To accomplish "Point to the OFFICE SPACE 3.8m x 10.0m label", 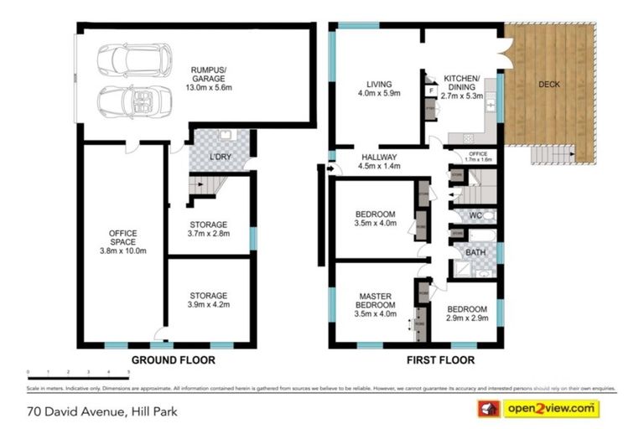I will [x=122, y=242].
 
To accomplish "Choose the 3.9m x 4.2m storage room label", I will [x=208, y=301].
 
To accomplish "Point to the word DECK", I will [x=549, y=85].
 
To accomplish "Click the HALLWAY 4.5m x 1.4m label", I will [x=380, y=161].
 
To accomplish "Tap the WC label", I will [x=475, y=215].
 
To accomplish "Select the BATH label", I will [x=475, y=251].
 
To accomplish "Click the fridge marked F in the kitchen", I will [x=430, y=90].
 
